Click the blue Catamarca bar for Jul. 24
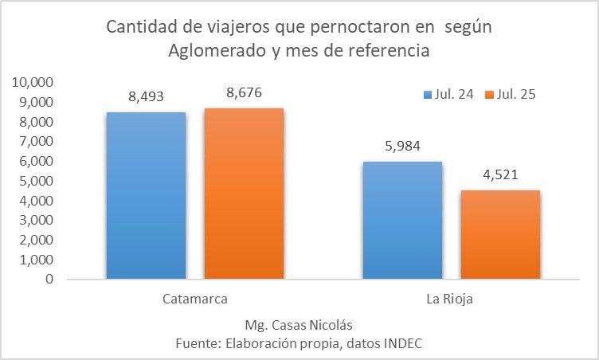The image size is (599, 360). (146, 195)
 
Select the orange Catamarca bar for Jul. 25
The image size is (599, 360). (244, 194)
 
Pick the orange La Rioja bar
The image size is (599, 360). (500, 235)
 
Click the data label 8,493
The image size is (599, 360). (147, 96)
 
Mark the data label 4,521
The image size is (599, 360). (500, 174)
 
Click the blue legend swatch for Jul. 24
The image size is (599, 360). (427, 94)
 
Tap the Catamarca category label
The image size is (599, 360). (194, 299)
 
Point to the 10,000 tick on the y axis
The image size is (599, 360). (31, 83)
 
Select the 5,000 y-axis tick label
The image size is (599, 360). (34, 181)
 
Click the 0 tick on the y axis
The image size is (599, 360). (49, 280)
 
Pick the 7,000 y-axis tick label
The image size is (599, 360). (34, 142)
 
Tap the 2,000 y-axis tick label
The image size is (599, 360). (34, 241)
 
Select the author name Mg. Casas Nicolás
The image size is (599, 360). (299, 325)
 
